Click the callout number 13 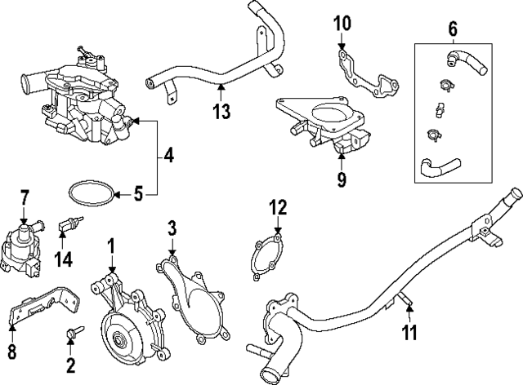(x=221, y=111)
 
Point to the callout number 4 (x=168, y=153)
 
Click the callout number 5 (x=138, y=194)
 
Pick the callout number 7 (x=24, y=196)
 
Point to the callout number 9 (x=341, y=177)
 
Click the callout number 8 (x=11, y=353)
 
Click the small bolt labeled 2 (x=71, y=333)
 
